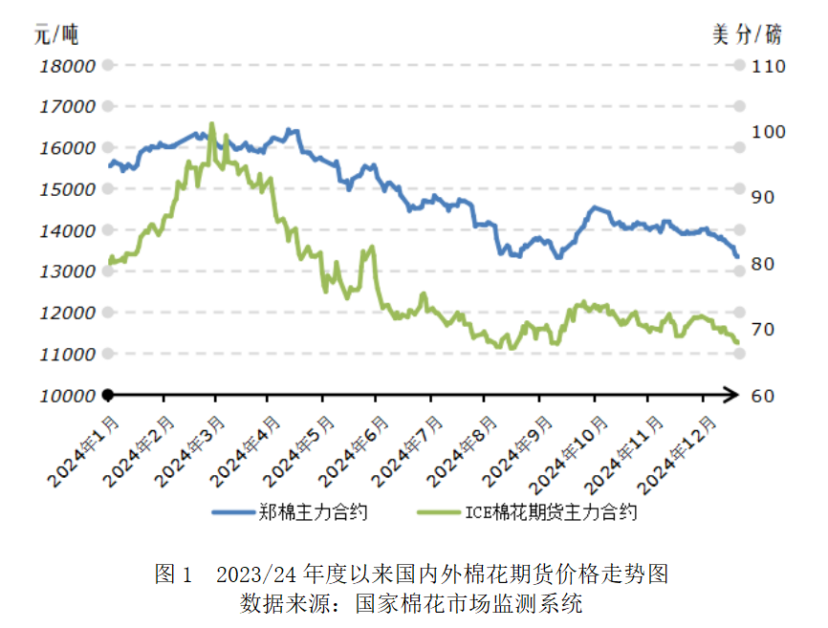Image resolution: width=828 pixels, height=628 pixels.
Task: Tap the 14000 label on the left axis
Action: coord(68,230)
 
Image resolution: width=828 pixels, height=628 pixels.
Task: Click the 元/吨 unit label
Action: coord(55,35)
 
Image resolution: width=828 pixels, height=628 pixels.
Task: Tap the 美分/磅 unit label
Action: coord(747,35)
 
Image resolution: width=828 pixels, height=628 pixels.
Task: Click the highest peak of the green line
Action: coord(211,124)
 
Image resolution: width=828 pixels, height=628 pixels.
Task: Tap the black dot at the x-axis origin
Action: coord(108,395)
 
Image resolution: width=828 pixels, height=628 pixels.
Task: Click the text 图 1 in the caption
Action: coord(173,574)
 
